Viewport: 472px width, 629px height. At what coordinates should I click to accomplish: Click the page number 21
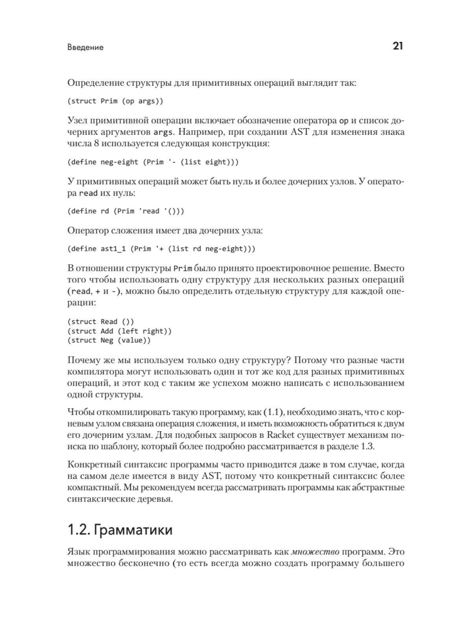[x=398, y=46]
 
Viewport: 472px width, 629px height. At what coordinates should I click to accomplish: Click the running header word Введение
[x=85, y=48]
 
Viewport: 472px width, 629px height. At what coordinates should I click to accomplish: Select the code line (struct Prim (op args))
[x=115, y=101]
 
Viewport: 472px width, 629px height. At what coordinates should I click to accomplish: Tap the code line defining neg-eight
[x=153, y=162]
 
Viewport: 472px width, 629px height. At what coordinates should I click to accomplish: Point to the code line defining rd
[x=126, y=211]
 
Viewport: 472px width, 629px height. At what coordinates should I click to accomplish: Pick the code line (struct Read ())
[x=101, y=322]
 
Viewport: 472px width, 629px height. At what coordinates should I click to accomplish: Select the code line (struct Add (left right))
[x=120, y=331]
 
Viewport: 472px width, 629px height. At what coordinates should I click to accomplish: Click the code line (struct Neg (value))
[x=109, y=340]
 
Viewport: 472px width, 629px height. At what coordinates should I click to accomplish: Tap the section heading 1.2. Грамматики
[x=120, y=530]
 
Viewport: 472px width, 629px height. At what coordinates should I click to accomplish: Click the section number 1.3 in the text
[x=368, y=447]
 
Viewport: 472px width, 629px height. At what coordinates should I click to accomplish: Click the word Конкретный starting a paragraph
[x=93, y=465]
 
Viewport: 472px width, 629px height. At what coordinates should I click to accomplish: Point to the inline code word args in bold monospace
[x=162, y=132]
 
